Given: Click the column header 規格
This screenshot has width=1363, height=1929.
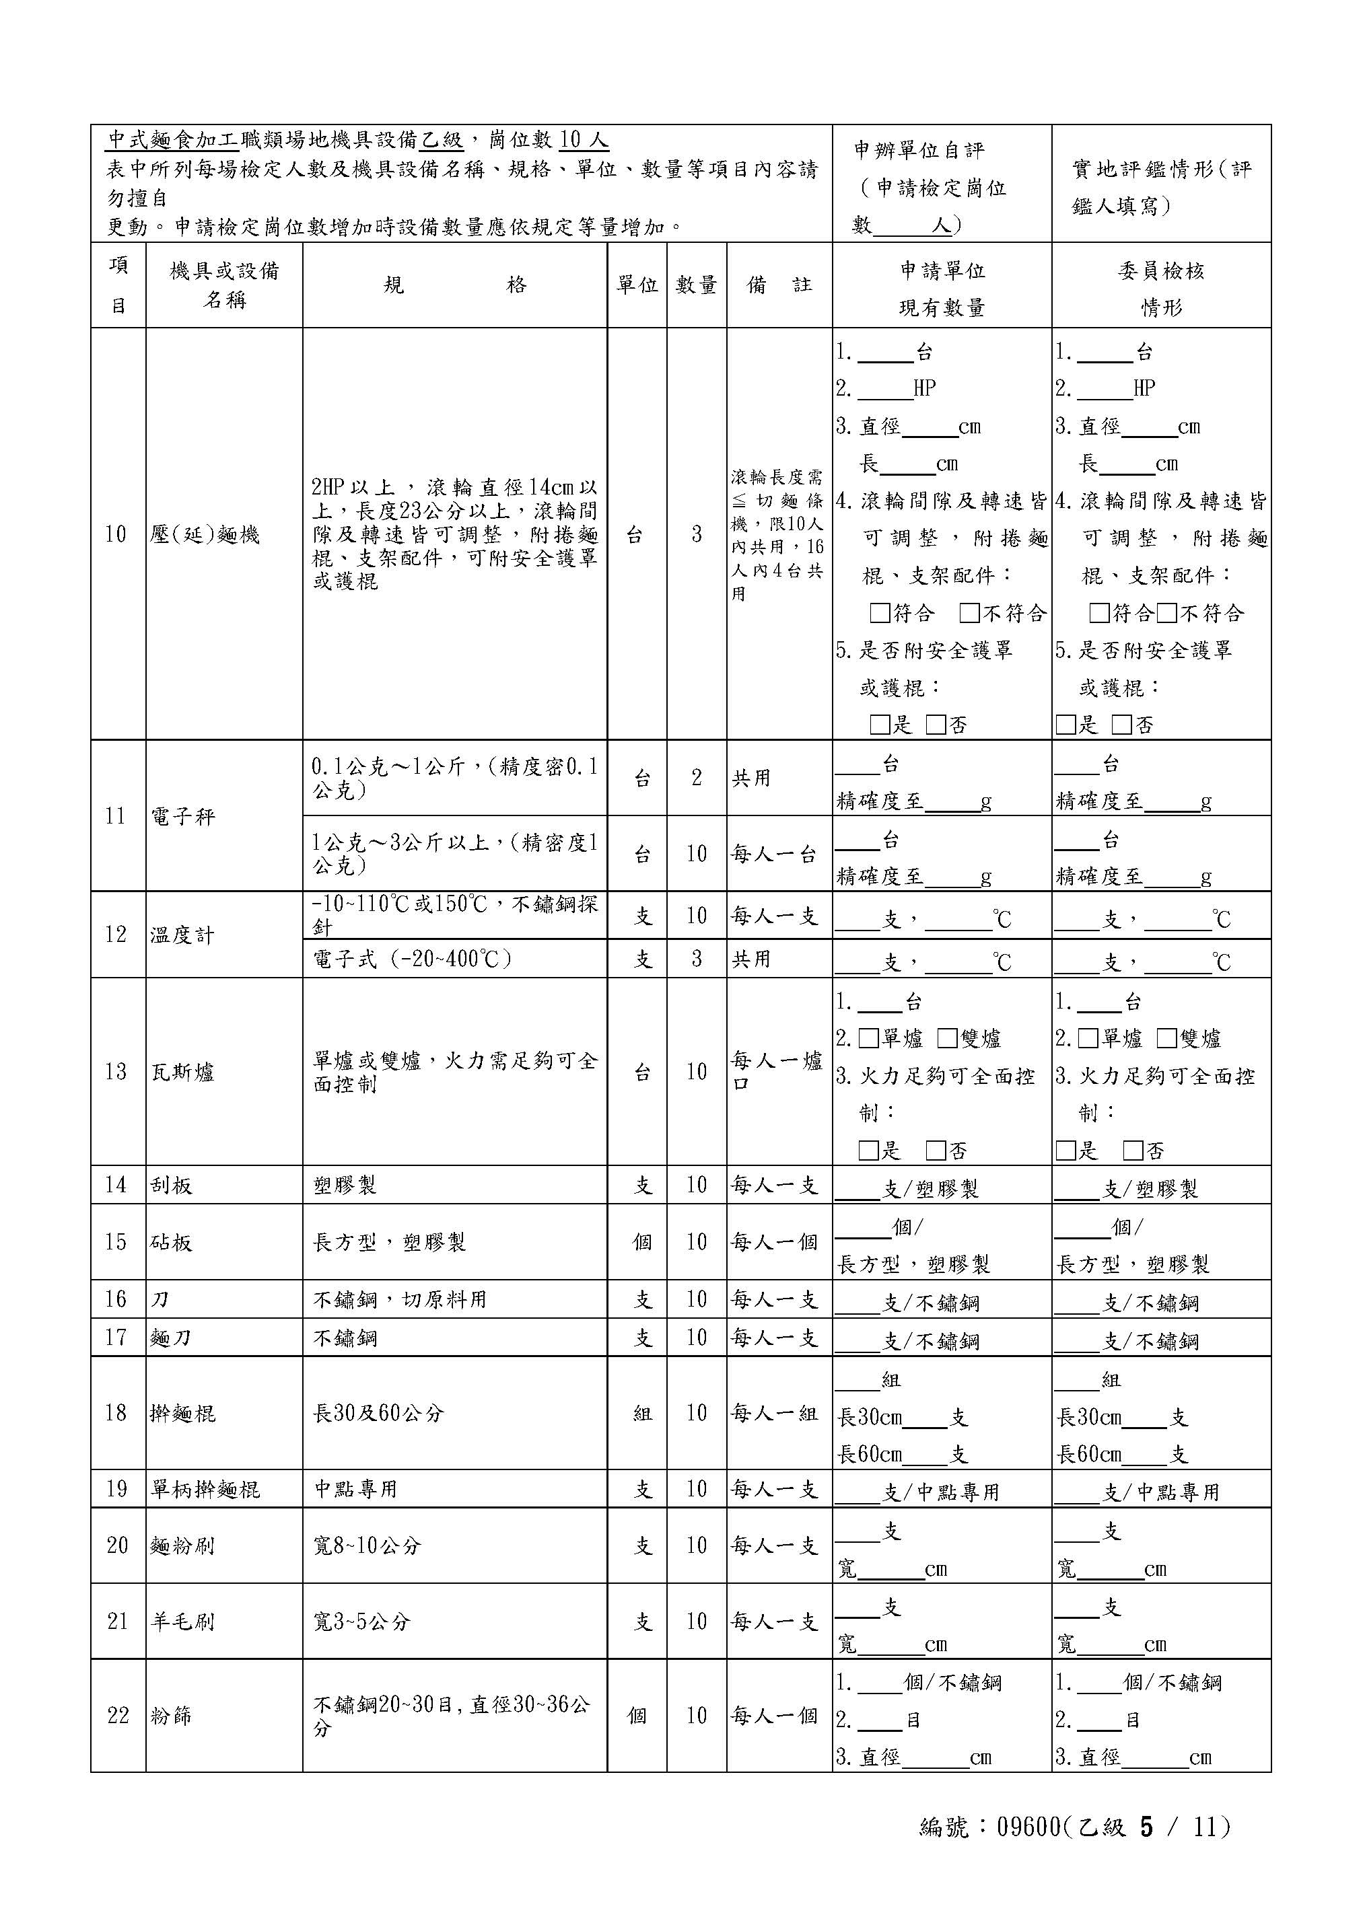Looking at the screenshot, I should (x=454, y=286).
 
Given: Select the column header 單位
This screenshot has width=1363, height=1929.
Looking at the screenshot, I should (x=637, y=286).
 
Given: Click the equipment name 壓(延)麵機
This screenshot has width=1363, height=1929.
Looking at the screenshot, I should (x=205, y=534).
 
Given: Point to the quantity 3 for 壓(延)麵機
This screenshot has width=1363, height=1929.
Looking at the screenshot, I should (x=696, y=534).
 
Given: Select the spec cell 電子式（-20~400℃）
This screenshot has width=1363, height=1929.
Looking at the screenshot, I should (x=412, y=959).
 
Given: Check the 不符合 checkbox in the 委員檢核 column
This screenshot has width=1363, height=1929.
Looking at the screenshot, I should (x=1166, y=614).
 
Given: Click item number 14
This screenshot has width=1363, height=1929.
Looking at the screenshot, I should (x=116, y=1185).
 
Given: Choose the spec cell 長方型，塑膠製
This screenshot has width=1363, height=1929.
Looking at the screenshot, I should (x=389, y=1242).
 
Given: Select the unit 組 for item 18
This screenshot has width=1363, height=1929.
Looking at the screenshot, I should (x=642, y=1413).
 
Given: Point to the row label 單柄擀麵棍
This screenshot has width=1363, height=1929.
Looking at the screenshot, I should (x=205, y=1490).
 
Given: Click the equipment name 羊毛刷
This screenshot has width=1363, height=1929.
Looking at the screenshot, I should (x=182, y=1622).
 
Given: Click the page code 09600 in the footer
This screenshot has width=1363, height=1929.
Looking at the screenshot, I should (x=1028, y=1827).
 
